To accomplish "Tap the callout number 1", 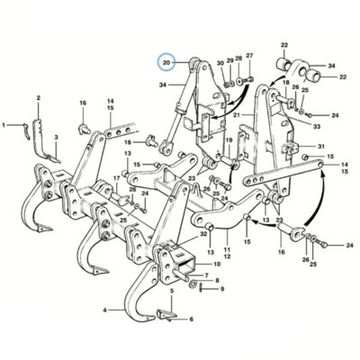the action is [4, 125].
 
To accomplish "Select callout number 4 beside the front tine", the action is [105, 310].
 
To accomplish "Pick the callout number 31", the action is [321, 147].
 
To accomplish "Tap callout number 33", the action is [317, 127].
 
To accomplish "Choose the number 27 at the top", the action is [249, 55].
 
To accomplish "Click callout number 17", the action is [116, 177].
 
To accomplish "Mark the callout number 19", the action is [229, 139].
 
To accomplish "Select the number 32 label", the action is [203, 234].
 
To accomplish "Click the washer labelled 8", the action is [193, 283].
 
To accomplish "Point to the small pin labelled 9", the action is [201, 288].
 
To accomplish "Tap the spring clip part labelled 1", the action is [26, 130].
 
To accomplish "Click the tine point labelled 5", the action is [165, 315].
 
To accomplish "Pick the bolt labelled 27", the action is [248, 79].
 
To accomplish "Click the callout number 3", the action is [56, 137].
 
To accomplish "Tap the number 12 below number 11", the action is [227, 256].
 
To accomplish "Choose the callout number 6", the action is [191, 319].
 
